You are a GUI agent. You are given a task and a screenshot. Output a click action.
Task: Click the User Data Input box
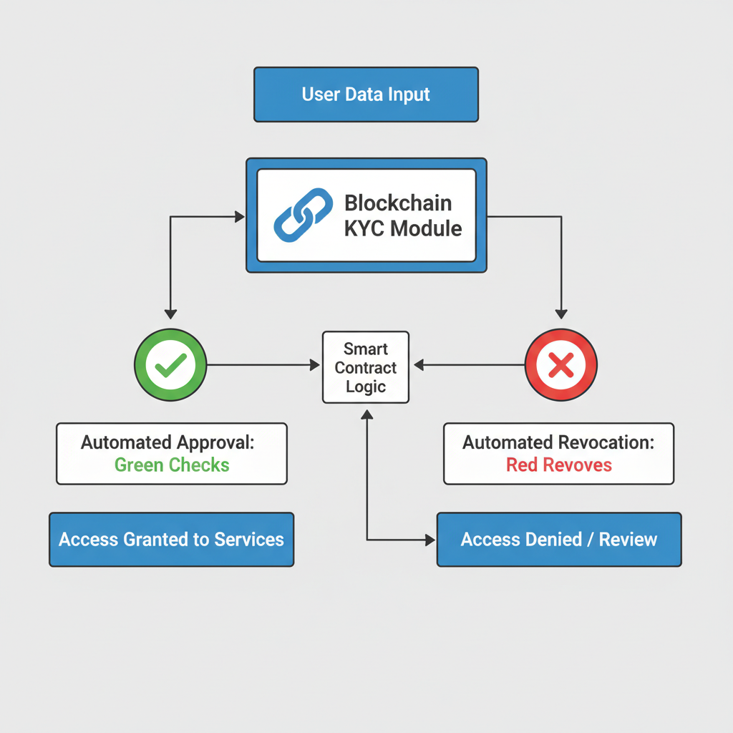pyautogui.click(x=366, y=94)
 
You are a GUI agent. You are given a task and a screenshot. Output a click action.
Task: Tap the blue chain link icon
pyautogui.click(x=304, y=215)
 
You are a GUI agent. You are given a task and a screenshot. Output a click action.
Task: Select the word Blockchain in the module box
pyautogui.click(x=397, y=203)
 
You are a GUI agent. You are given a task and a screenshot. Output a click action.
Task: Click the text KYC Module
pyautogui.click(x=403, y=228)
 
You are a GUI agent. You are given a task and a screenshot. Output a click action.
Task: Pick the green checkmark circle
pyautogui.click(x=170, y=365)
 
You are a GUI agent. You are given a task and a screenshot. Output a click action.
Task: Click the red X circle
pyautogui.click(x=560, y=365)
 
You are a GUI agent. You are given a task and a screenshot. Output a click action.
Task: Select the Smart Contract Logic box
pyautogui.click(x=366, y=367)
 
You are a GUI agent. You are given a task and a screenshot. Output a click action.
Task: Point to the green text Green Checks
pyautogui.click(x=172, y=465)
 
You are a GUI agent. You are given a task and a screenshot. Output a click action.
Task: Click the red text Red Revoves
pyautogui.click(x=558, y=465)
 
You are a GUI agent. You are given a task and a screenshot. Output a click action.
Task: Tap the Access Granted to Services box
pyautogui.click(x=171, y=540)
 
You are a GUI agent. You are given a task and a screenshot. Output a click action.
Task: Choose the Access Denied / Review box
pyautogui.click(x=558, y=540)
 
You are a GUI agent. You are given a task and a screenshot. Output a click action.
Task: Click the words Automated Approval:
pyautogui.click(x=168, y=442)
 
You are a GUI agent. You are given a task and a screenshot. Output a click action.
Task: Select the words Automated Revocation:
pyautogui.click(x=558, y=442)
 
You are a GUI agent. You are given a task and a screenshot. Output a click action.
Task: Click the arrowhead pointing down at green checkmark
pyautogui.click(x=170, y=314)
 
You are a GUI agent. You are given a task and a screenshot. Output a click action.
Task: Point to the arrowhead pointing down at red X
pyautogui.click(x=561, y=314)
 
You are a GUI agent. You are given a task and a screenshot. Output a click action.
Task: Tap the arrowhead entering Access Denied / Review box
pyautogui.click(x=430, y=540)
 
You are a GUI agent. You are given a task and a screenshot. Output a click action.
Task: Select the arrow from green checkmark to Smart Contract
pyautogui.click(x=261, y=365)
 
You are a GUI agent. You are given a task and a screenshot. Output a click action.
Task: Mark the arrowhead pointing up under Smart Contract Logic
pyautogui.click(x=366, y=414)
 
